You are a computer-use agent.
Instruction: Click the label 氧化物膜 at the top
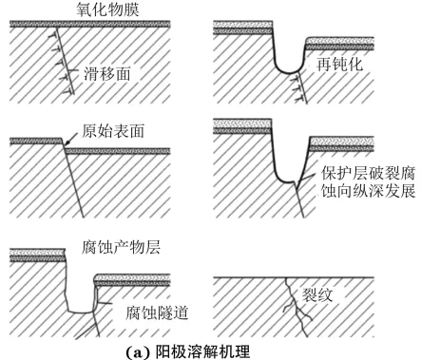pyautogui.click(x=107, y=9)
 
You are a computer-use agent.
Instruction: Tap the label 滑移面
pyautogui.click(x=107, y=74)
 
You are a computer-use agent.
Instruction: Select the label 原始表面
pyautogui.click(x=113, y=131)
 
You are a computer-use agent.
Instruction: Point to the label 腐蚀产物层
pyautogui.click(x=121, y=247)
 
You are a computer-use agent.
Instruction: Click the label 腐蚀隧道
pyautogui.click(x=157, y=313)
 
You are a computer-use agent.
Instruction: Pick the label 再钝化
pyautogui.click(x=339, y=65)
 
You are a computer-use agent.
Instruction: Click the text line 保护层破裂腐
pyautogui.click(x=369, y=173)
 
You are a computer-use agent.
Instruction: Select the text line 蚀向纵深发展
pyautogui.click(x=369, y=191)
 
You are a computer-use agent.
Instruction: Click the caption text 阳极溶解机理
pyautogui.click(x=203, y=351)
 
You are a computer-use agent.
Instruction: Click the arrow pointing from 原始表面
pyautogui.click(x=71, y=139)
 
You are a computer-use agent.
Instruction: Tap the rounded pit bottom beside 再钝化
pyautogui.click(x=289, y=71)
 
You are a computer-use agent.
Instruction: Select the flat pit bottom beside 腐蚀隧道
pyautogui.click(x=81, y=312)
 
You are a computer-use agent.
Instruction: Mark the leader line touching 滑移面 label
pyautogui.click(x=74, y=71)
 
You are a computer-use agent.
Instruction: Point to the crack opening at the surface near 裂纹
pyautogui.click(x=286, y=278)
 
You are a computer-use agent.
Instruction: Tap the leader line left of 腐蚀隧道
pyautogui.click(x=105, y=303)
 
